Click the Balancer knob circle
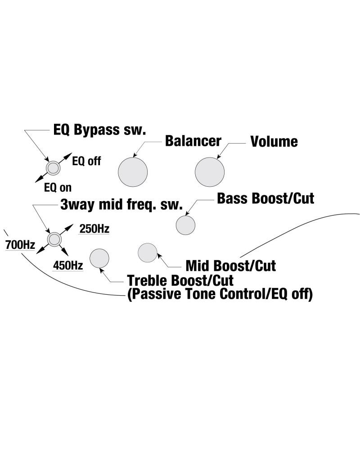[133, 172]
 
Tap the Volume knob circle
[210, 172]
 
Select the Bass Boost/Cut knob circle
[185, 225]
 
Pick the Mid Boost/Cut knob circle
[148, 252]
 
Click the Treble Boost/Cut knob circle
[99, 258]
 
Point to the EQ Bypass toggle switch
[54, 167]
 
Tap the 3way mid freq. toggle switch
[54, 239]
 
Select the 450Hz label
[68, 265]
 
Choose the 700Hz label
[20, 246]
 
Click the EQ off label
[87, 161]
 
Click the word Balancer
[193, 141]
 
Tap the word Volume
[274, 141]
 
